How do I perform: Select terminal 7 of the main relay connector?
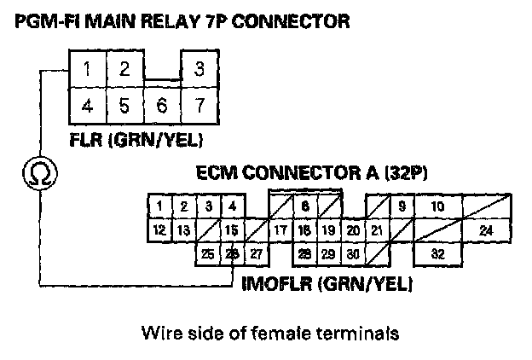click(x=199, y=107)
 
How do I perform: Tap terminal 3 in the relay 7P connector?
click(x=199, y=69)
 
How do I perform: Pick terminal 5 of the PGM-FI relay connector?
click(x=124, y=107)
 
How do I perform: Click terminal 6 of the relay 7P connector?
click(x=162, y=107)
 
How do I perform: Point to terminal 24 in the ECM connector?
click(x=485, y=229)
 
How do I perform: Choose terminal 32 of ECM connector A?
click(x=437, y=253)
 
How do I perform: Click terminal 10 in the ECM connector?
click(x=437, y=206)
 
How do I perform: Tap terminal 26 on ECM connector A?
click(x=231, y=253)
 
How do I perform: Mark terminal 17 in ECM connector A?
click(x=280, y=229)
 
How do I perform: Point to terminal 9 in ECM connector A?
click(x=401, y=206)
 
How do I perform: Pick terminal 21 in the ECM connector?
click(x=376, y=229)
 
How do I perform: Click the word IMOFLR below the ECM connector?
click(x=275, y=282)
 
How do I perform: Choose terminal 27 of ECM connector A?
click(x=256, y=253)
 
